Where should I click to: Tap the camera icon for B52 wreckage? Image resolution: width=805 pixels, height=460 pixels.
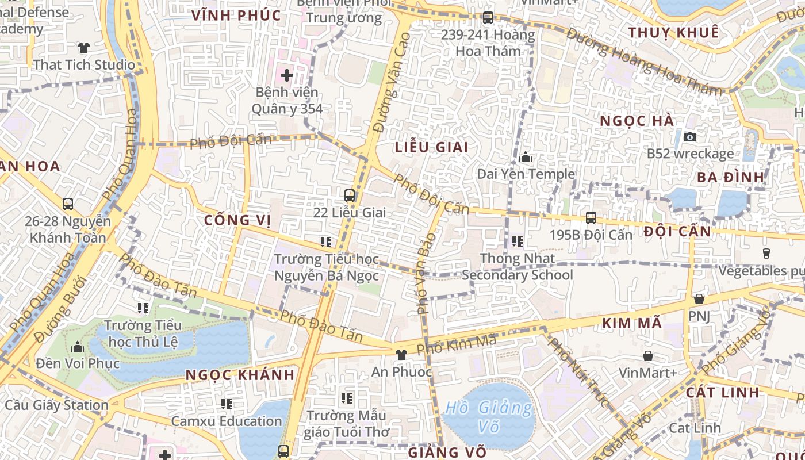689,137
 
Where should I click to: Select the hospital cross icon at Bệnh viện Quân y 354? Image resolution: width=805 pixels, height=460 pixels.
286,75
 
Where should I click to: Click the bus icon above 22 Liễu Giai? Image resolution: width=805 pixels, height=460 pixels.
349,195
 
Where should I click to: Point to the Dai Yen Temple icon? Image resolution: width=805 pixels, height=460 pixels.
525,157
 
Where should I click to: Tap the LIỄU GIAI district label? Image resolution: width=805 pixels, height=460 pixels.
431,147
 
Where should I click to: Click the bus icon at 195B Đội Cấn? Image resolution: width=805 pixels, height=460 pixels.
591,218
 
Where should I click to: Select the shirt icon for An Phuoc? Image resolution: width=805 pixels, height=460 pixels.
401,355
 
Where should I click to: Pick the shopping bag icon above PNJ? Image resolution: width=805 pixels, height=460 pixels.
699,299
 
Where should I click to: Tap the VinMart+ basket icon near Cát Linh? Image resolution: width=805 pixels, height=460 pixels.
648,356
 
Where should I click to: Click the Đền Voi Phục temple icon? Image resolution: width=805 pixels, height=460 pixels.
77,347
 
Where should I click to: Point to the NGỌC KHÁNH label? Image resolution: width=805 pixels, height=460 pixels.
240,375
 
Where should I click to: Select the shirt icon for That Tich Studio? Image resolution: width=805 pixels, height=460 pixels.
83,47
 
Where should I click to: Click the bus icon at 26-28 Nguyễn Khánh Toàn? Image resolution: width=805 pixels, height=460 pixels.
68,204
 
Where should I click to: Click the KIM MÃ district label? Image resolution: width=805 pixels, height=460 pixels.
632,324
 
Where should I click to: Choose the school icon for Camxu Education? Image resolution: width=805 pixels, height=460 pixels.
227,404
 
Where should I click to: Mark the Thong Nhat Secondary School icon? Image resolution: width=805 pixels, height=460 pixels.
517,241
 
